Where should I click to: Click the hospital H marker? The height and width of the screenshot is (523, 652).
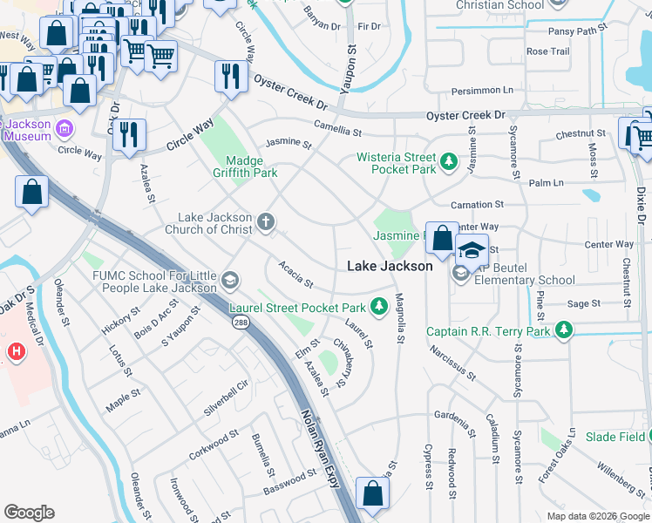[14, 352]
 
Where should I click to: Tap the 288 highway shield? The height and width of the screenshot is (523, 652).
[239, 323]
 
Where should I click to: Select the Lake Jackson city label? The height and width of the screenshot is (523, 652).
[390, 266]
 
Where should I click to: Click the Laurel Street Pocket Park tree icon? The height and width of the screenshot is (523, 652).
[378, 307]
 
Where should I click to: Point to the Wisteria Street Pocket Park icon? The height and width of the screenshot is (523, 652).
[449, 160]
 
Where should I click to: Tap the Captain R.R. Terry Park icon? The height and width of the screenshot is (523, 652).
[565, 330]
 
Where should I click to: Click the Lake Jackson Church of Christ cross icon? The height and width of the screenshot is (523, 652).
[266, 223]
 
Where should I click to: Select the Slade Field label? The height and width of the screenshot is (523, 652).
[614, 437]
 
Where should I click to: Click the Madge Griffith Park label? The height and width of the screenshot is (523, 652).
[251, 166]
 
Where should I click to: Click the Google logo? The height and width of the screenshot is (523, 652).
[30, 513]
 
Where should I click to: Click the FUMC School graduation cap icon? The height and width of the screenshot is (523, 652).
[230, 281]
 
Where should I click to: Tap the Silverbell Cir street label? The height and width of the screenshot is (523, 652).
[226, 396]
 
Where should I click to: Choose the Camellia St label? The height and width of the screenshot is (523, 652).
[339, 130]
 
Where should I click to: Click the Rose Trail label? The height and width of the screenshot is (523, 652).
[547, 51]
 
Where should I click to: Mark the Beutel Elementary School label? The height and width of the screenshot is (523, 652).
[522, 280]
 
